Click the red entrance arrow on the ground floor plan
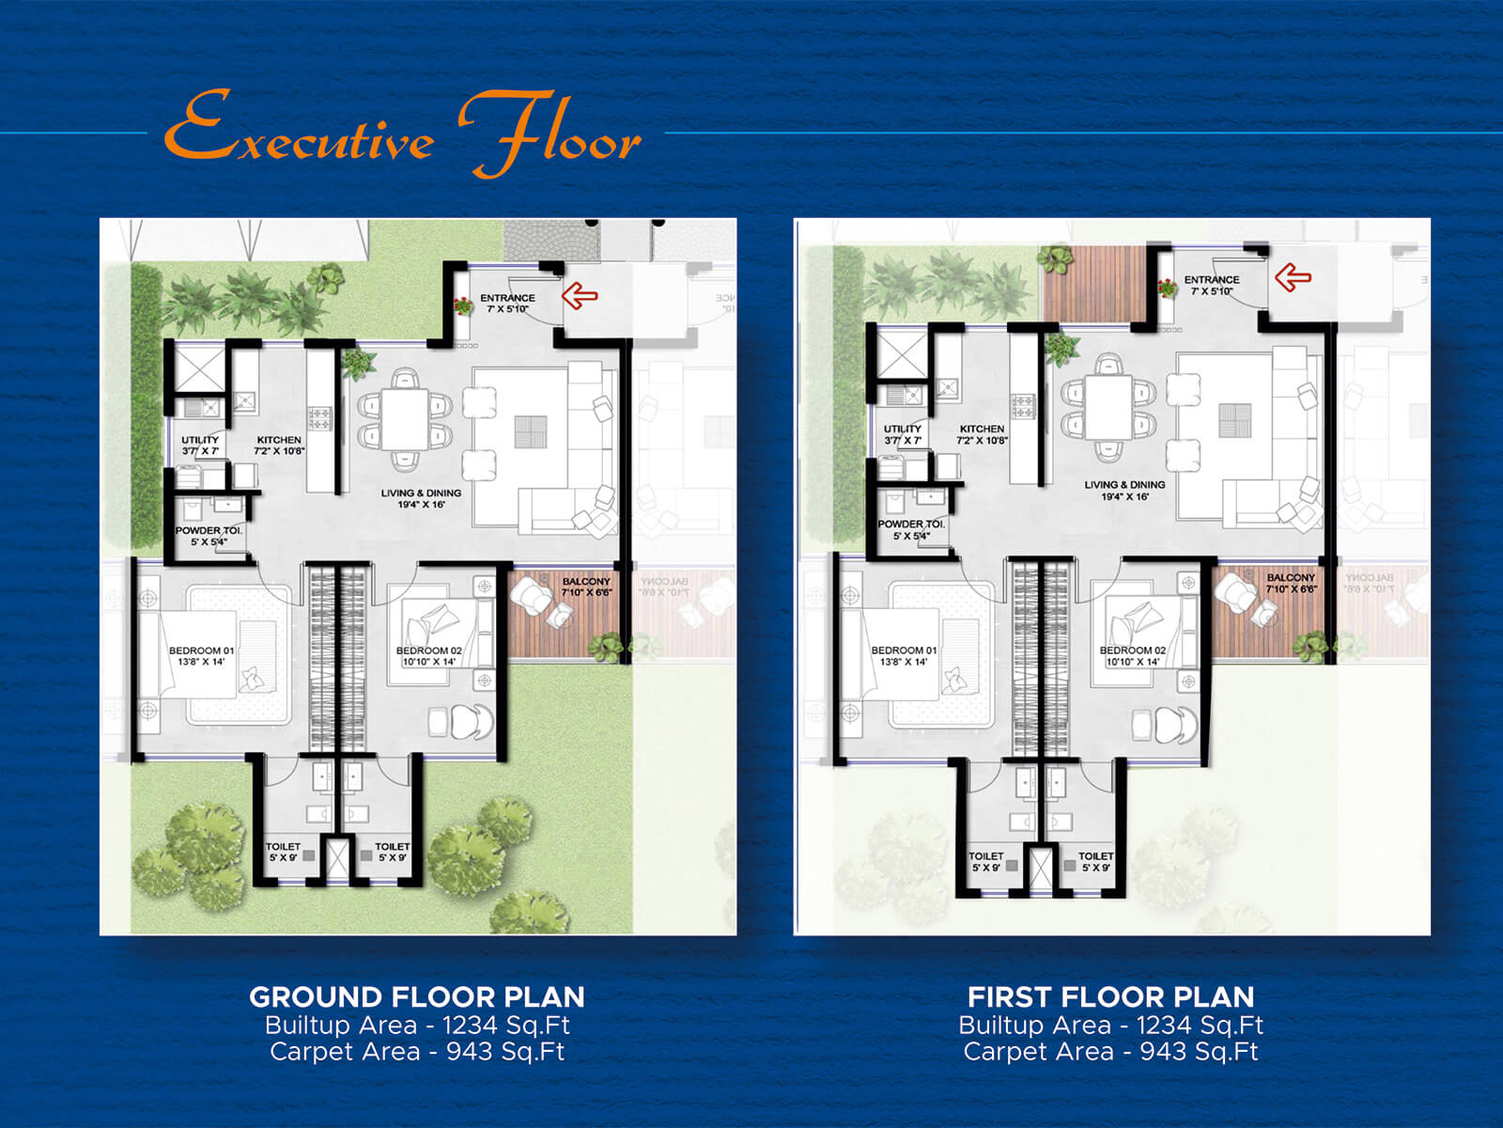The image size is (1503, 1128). [x=580, y=296]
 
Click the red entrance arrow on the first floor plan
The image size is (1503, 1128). [x=1293, y=277]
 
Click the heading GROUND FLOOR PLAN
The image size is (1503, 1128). [x=417, y=996]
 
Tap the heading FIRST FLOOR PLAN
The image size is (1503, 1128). [x=1110, y=996]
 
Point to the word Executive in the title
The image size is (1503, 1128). [x=299, y=132]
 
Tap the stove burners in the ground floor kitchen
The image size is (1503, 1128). [x=320, y=415]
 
